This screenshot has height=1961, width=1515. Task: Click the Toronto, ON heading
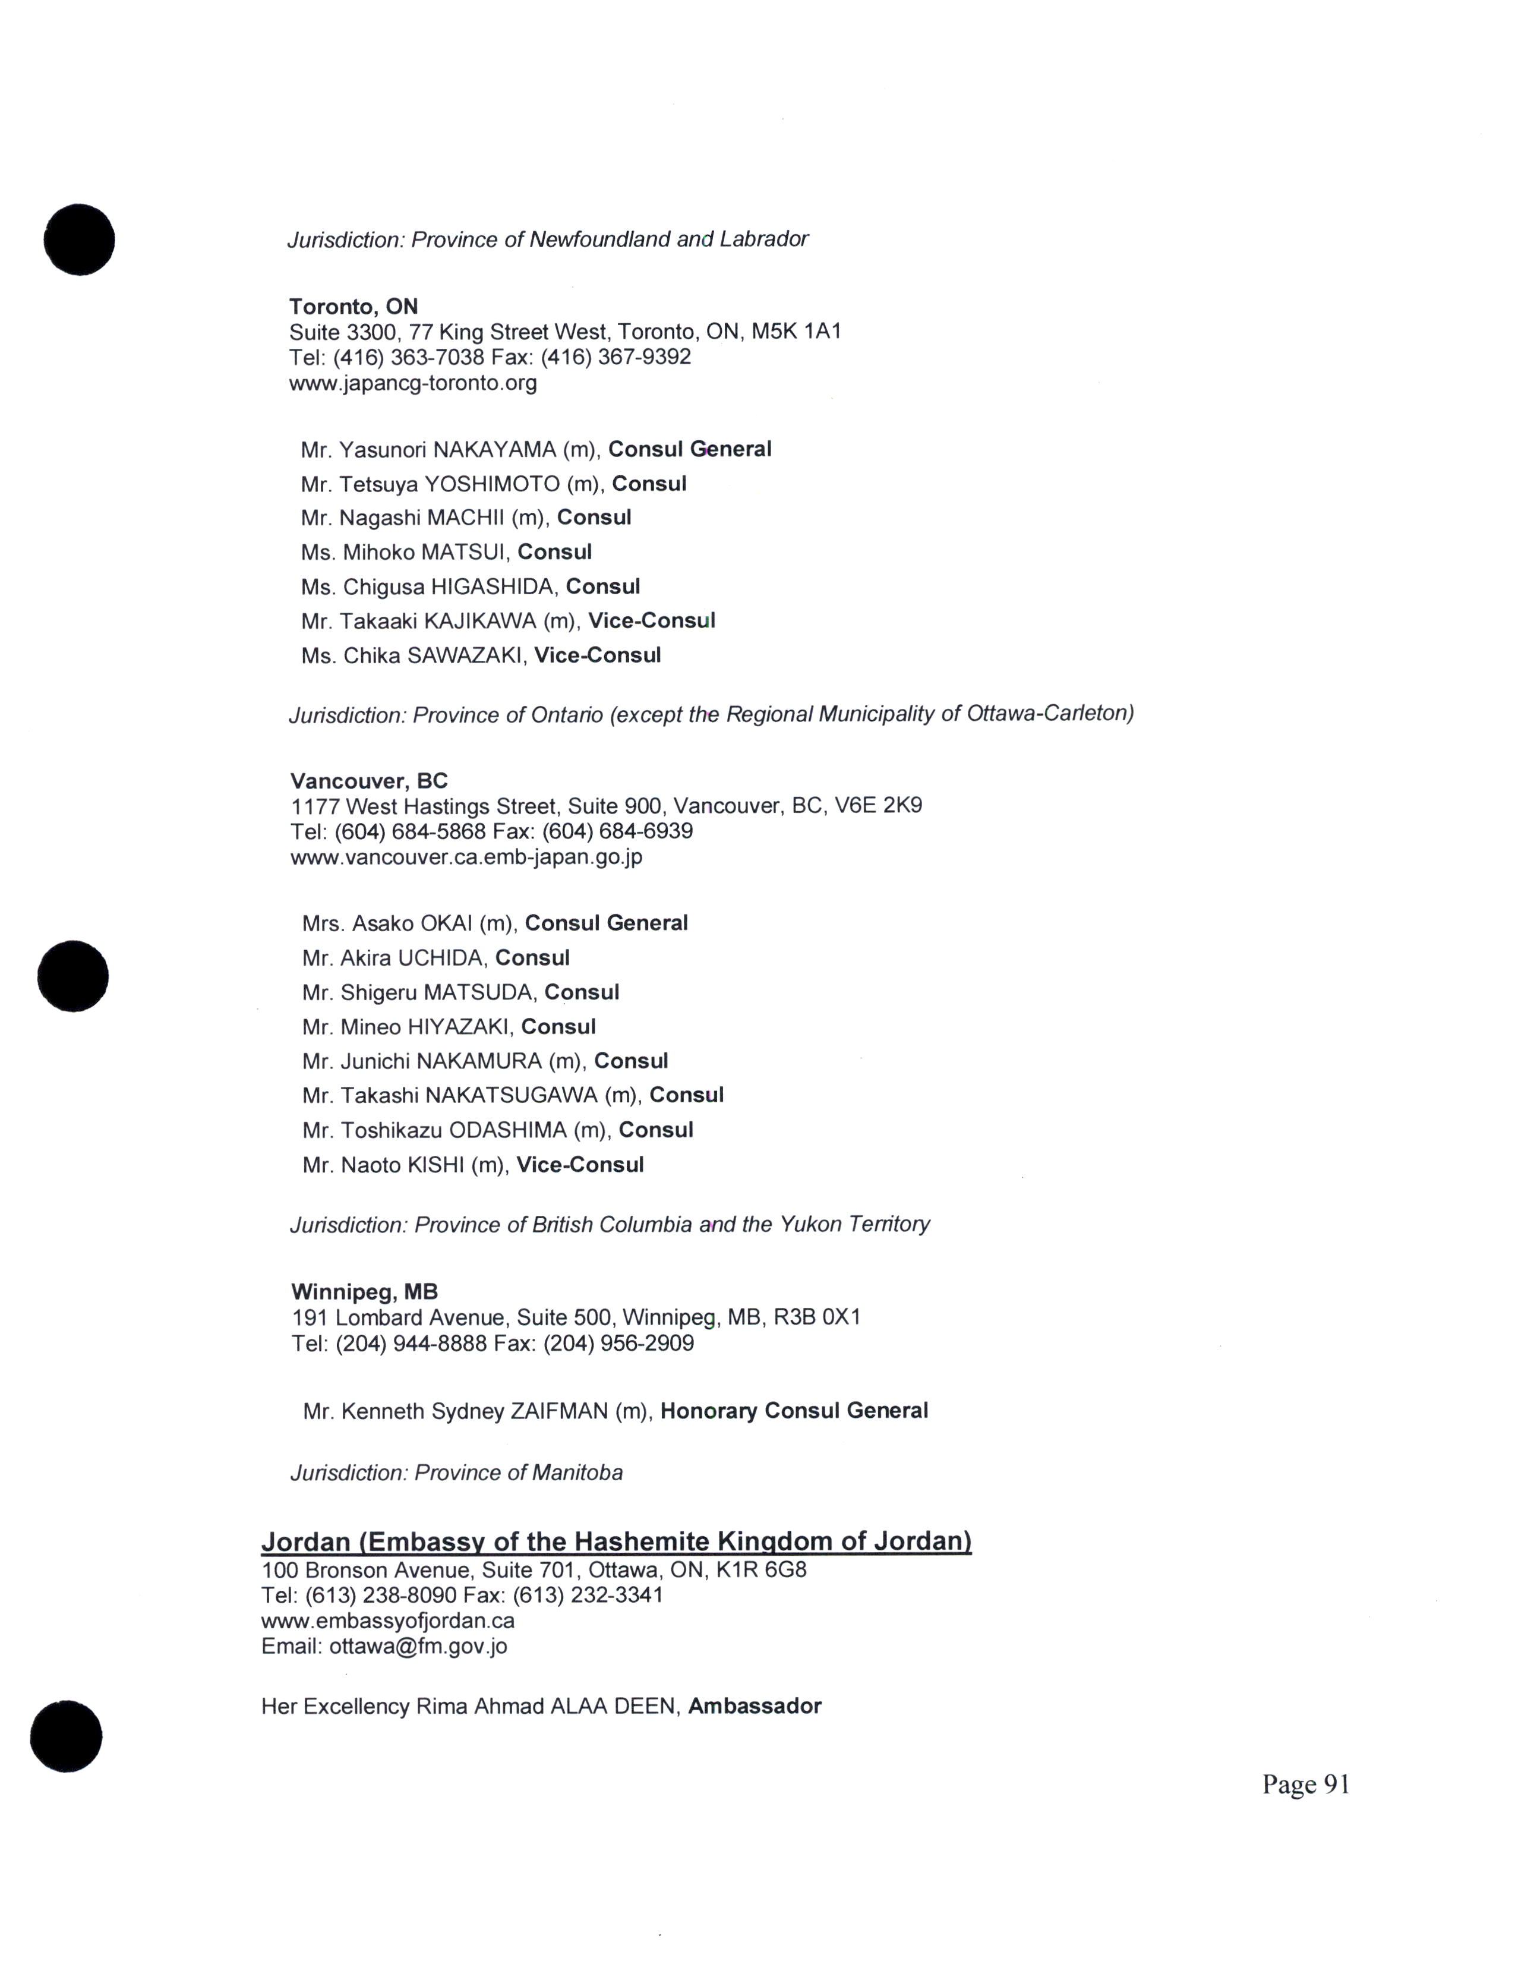[353, 306]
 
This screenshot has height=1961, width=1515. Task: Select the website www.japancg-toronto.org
[413, 383]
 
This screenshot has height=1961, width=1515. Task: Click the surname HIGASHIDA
[493, 587]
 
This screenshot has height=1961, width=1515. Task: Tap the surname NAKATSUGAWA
[511, 1095]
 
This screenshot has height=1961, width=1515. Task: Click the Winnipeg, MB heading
[364, 1292]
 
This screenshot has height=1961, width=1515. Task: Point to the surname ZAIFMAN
[559, 1411]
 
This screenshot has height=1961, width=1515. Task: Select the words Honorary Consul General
[793, 1411]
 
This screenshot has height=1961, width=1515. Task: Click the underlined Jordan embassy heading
[616, 1541]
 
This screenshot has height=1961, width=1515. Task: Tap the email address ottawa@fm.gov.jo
[418, 1646]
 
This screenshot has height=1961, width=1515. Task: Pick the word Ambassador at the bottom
[754, 1706]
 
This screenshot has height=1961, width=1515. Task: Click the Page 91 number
[1305, 1784]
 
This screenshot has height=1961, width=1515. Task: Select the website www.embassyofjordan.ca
[388, 1620]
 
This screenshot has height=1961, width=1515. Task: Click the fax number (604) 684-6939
[617, 831]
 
